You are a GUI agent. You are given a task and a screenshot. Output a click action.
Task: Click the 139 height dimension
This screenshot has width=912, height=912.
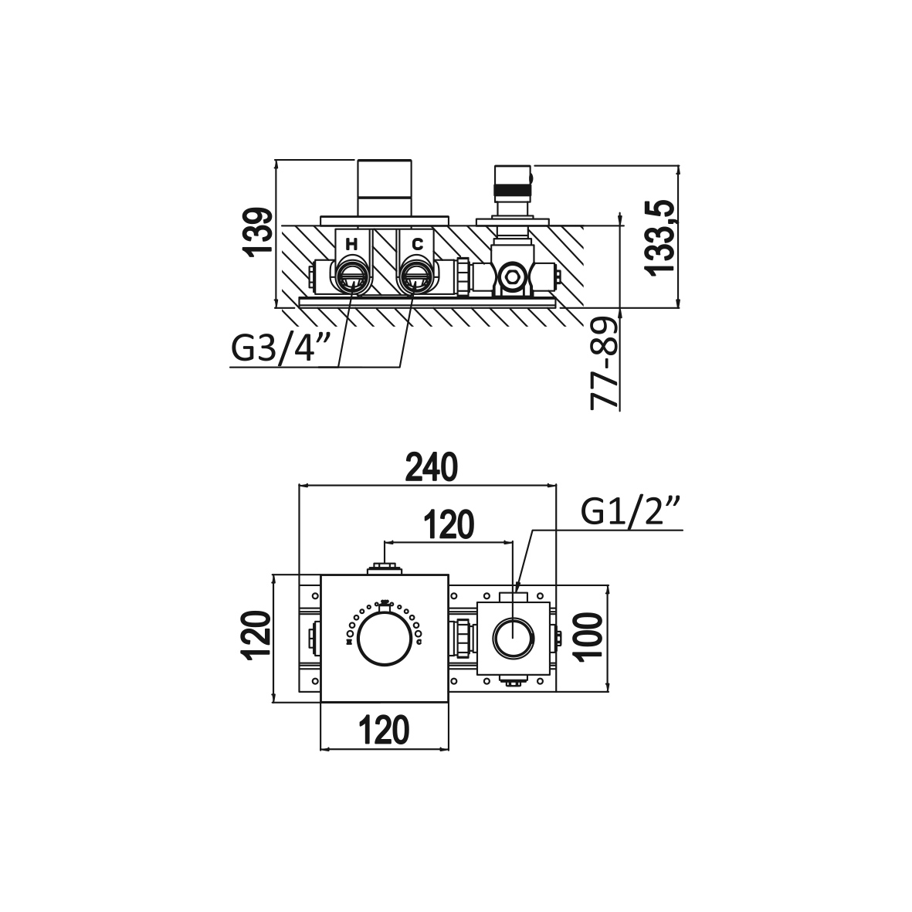(258, 232)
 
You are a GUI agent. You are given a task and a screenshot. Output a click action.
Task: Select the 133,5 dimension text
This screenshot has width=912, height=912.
(659, 236)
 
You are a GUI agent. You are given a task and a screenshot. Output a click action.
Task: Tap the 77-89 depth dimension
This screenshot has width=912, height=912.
(603, 364)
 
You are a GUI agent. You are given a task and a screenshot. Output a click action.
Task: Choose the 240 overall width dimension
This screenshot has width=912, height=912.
(432, 468)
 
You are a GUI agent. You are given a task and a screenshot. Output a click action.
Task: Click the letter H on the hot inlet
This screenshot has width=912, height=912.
(351, 244)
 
